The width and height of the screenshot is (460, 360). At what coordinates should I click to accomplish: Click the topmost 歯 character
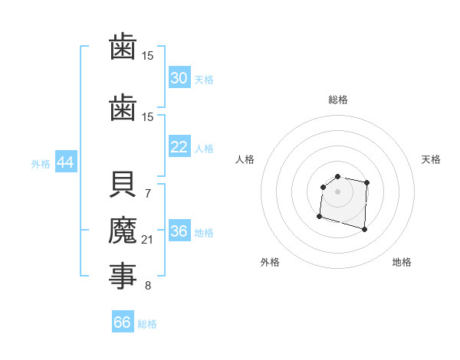123,48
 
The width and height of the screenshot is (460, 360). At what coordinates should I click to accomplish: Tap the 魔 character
123,230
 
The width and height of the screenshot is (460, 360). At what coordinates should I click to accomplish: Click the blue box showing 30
179,78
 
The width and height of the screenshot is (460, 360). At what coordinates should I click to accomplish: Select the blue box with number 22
179,147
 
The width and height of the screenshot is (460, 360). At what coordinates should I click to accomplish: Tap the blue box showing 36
179,231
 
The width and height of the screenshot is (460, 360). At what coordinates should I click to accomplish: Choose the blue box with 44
65,162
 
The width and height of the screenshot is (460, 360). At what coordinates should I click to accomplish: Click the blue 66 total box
123,322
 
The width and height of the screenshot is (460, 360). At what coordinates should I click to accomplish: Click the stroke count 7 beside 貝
148,193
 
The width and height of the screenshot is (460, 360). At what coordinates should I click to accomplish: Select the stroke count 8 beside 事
148,286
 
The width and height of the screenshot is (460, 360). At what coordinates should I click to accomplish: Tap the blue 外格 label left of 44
41,163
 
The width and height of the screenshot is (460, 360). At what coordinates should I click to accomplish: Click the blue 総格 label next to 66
147,323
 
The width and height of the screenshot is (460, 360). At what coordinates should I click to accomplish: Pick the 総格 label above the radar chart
338,100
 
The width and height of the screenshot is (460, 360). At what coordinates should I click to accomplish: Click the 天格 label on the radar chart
432,159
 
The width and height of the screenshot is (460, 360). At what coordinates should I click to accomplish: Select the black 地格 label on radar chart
402,262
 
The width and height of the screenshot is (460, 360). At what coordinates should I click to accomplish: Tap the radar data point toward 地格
364,229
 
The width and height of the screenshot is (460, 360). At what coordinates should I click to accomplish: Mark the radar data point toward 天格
367,182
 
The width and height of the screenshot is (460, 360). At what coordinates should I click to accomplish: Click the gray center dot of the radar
338,191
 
